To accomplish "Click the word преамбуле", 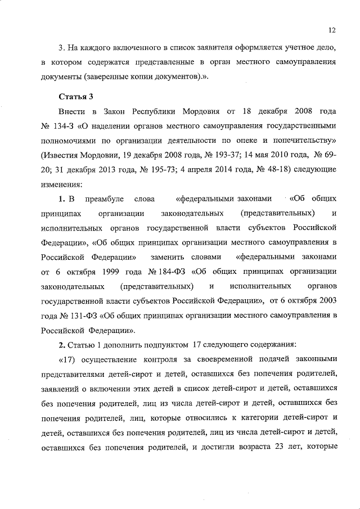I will [104, 199].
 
